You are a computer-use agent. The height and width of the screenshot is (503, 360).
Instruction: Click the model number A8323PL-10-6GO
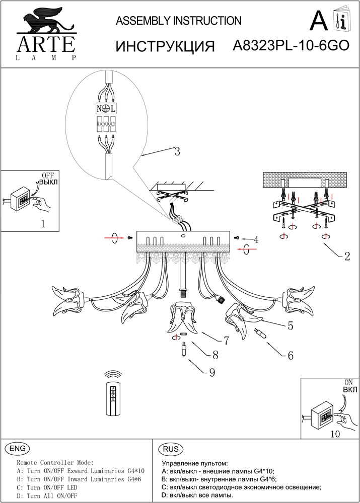(x=291, y=46)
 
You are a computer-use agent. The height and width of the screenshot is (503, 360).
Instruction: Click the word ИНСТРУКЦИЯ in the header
(x=166, y=47)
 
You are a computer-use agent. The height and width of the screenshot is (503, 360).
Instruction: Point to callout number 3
(x=177, y=151)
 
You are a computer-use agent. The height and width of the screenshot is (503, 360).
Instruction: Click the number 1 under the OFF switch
(x=43, y=225)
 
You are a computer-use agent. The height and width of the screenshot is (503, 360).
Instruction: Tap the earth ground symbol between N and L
(x=106, y=108)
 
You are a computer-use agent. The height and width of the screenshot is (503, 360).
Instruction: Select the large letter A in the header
(x=319, y=21)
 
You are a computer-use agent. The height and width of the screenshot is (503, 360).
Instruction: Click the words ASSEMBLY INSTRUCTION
(x=179, y=21)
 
